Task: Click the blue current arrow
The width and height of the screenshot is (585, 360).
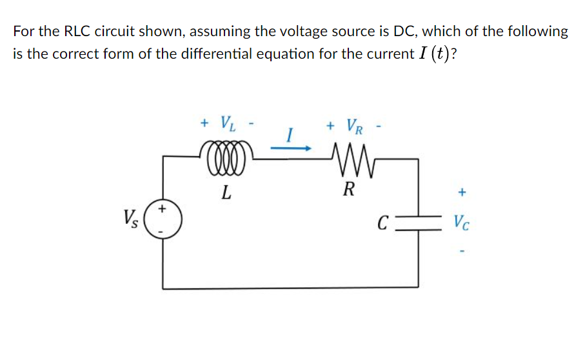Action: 290,148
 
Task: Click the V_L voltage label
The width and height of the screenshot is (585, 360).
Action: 227,121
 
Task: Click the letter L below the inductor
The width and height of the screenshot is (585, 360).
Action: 224,192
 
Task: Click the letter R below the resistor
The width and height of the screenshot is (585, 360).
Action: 349,189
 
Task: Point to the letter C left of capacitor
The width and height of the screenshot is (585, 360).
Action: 382,224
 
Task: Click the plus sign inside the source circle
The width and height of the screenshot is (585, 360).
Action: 163,209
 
